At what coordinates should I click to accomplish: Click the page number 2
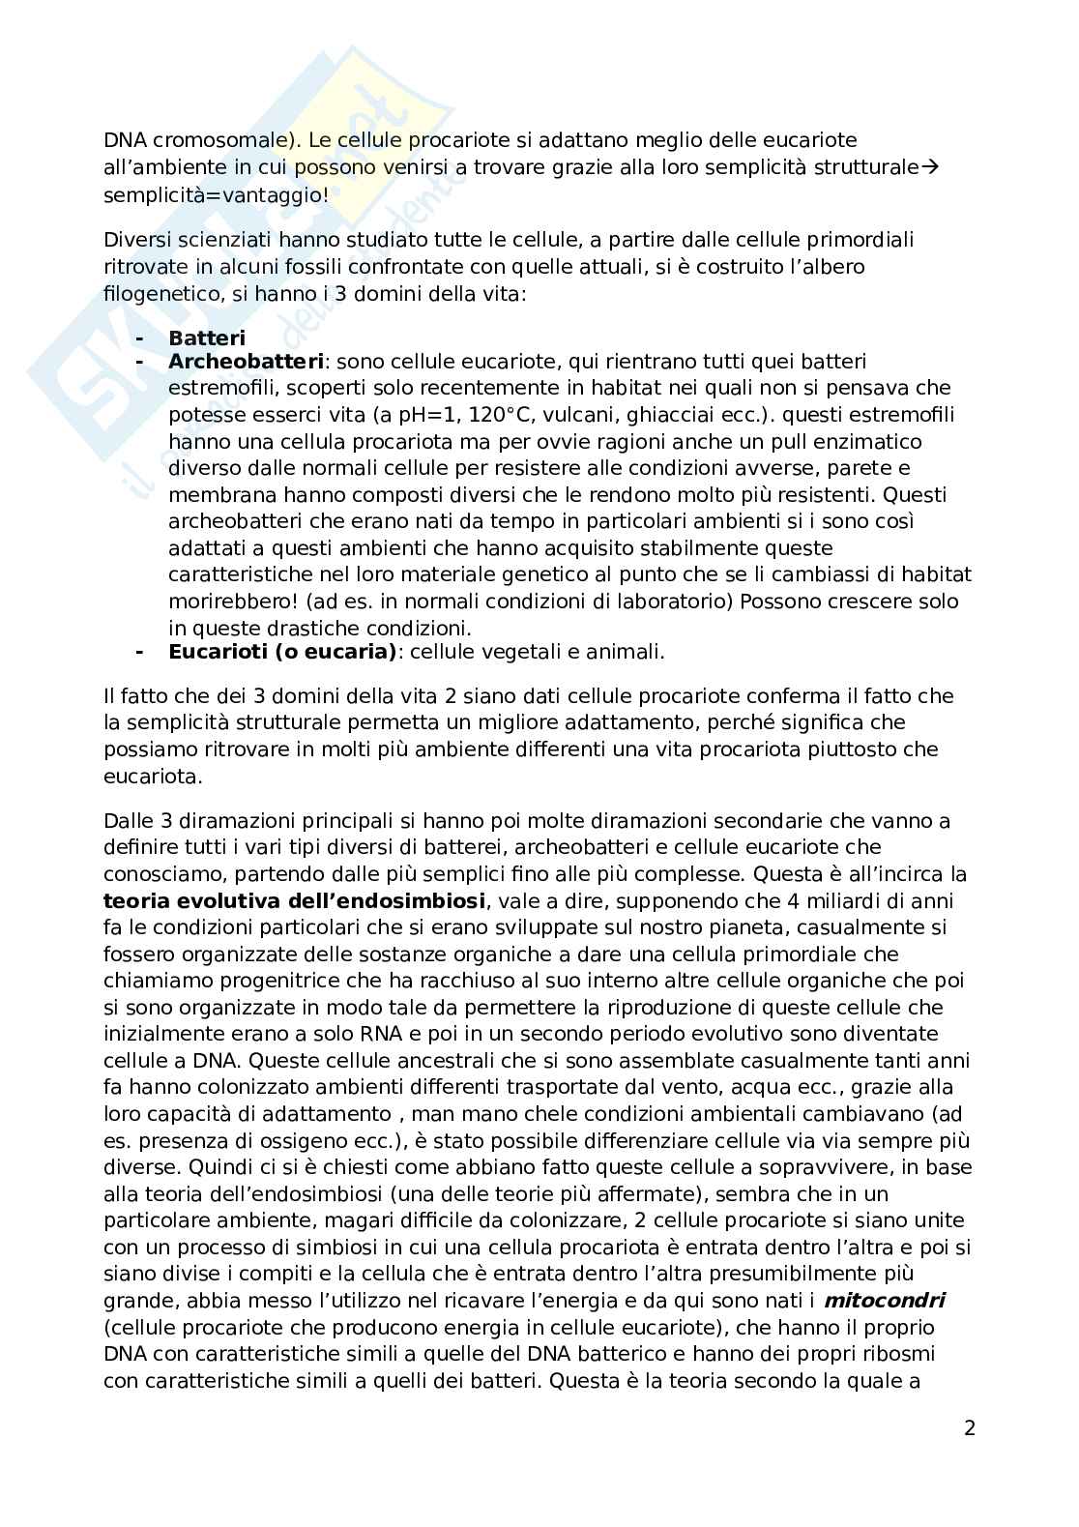970,1428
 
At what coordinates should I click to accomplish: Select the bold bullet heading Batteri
207,338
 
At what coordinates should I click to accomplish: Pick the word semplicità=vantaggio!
216,194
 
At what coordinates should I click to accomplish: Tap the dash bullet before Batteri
140,338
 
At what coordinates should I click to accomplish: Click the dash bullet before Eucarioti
140,652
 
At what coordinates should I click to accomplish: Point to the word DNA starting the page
126,140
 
